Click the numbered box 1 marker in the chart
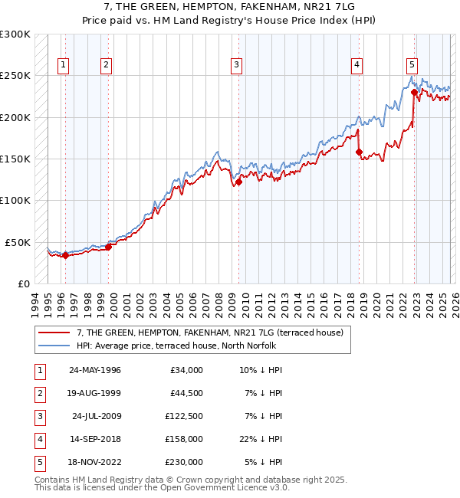click(62, 65)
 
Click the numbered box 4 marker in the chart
click(357, 65)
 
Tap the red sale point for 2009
click(238, 182)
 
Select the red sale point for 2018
click(359, 152)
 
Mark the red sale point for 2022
click(414, 93)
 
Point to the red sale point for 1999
click(108, 247)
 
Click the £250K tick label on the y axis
click(15, 76)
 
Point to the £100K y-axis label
click(15, 200)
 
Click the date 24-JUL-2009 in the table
click(95, 416)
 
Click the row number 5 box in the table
click(38, 462)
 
